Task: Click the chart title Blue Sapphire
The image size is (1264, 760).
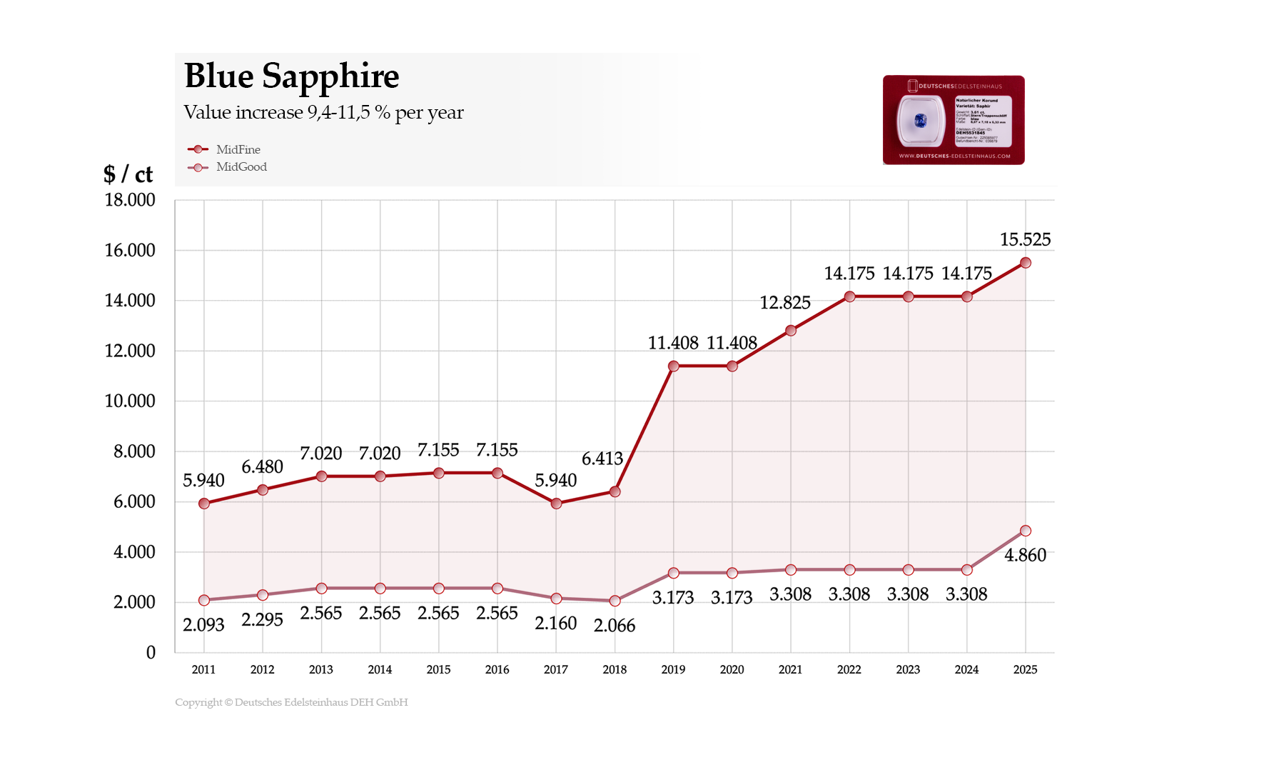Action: coord(291,76)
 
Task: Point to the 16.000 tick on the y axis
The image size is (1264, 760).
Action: coord(130,250)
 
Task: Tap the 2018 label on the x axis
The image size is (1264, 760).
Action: coord(615,669)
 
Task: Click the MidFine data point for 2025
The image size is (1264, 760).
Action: coord(1025,263)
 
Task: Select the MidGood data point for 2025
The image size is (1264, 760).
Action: coord(1025,531)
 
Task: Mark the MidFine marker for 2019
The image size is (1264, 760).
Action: coord(673,366)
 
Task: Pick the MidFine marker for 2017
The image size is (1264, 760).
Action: coord(556,504)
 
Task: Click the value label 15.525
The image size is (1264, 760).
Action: coord(1025,239)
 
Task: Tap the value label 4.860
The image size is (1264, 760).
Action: coord(1025,555)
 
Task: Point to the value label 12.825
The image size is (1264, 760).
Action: coord(784,303)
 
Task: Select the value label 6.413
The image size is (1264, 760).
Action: coord(602,459)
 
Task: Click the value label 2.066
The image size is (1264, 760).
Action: coord(614,626)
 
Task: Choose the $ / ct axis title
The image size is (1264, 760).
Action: coord(128,174)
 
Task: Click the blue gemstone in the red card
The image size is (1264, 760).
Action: coord(920,121)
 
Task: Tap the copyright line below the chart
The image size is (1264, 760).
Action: coord(291,702)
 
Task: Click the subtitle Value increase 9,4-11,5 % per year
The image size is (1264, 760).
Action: coord(323,112)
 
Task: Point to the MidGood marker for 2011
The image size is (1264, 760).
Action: coord(204,600)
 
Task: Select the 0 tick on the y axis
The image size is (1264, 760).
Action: coord(151,652)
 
